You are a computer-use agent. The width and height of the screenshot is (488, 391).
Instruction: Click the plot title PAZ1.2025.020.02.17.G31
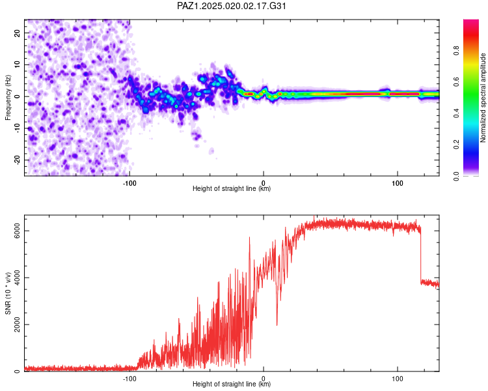click(x=231, y=6)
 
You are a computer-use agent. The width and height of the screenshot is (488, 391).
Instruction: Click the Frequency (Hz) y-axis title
click(x=8, y=98)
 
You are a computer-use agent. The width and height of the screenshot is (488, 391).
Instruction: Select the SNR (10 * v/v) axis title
click(x=8, y=293)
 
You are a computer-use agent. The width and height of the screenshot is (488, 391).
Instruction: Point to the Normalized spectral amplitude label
click(x=483, y=98)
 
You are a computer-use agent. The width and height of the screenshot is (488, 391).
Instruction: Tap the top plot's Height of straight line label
click(x=232, y=188)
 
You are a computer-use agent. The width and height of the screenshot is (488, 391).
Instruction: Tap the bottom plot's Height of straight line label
click(x=232, y=384)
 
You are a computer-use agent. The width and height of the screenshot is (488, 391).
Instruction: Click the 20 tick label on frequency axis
click(x=18, y=33)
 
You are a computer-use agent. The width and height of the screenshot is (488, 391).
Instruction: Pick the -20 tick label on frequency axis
click(x=18, y=160)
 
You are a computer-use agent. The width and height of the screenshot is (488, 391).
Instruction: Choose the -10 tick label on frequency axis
click(x=18, y=128)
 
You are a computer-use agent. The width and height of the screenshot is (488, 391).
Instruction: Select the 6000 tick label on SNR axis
click(x=17, y=231)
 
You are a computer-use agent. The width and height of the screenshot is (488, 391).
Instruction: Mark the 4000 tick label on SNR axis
click(x=17, y=278)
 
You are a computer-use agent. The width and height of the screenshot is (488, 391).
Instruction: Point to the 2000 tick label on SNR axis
click(x=17, y=325)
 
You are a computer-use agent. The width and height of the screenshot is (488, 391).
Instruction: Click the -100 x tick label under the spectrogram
click(x=129, y=183)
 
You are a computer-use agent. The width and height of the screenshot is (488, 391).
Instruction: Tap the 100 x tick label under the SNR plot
click(x=398, y=379)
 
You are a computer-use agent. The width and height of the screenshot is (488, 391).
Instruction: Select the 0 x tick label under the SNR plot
click(x=264, y=379)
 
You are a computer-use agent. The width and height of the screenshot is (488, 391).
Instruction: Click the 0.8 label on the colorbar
click(x=456, y=50)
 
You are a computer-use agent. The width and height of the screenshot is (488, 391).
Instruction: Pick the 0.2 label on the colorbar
click(x=456, y=145)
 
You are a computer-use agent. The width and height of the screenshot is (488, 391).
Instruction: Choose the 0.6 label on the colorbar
click(x=456, y=81)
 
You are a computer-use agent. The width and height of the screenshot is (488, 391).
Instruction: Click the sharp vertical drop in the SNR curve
click(x=420, y=255)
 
